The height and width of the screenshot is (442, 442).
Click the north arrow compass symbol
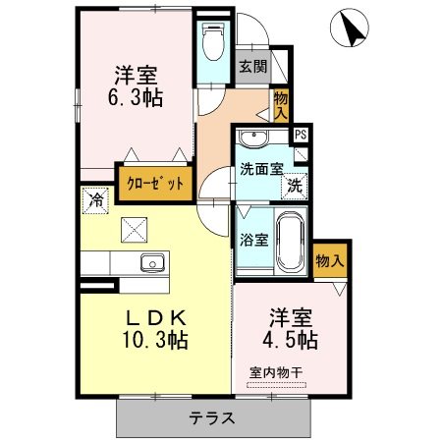[350, 28]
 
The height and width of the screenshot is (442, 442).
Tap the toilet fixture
[213, 41]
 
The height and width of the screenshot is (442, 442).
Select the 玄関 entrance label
[252, 67]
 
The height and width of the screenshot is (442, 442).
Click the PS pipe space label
[301, 135]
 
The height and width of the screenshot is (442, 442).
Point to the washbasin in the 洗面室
[253, 138]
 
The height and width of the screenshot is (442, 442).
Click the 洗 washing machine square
[295, 187]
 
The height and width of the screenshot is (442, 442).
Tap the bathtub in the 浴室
[290, 242]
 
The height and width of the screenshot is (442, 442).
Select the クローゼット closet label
[155, 184]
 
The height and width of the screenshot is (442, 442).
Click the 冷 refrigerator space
[95, 200]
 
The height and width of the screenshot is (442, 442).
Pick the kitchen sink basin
[152, 262]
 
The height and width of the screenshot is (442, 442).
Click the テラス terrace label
[212, 418]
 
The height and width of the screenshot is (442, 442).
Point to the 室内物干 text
[276, 372]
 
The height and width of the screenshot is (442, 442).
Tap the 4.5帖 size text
[290, 340]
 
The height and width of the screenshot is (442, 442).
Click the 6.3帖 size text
[136, 97]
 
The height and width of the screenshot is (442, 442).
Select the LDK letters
[156, 317]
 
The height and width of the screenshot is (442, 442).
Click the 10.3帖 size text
[155, 340]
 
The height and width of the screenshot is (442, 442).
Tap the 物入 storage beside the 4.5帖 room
[330, 261]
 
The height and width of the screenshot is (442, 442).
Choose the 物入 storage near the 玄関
[281, 105]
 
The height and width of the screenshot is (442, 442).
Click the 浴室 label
[254, 240]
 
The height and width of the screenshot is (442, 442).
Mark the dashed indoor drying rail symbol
[277, 385]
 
